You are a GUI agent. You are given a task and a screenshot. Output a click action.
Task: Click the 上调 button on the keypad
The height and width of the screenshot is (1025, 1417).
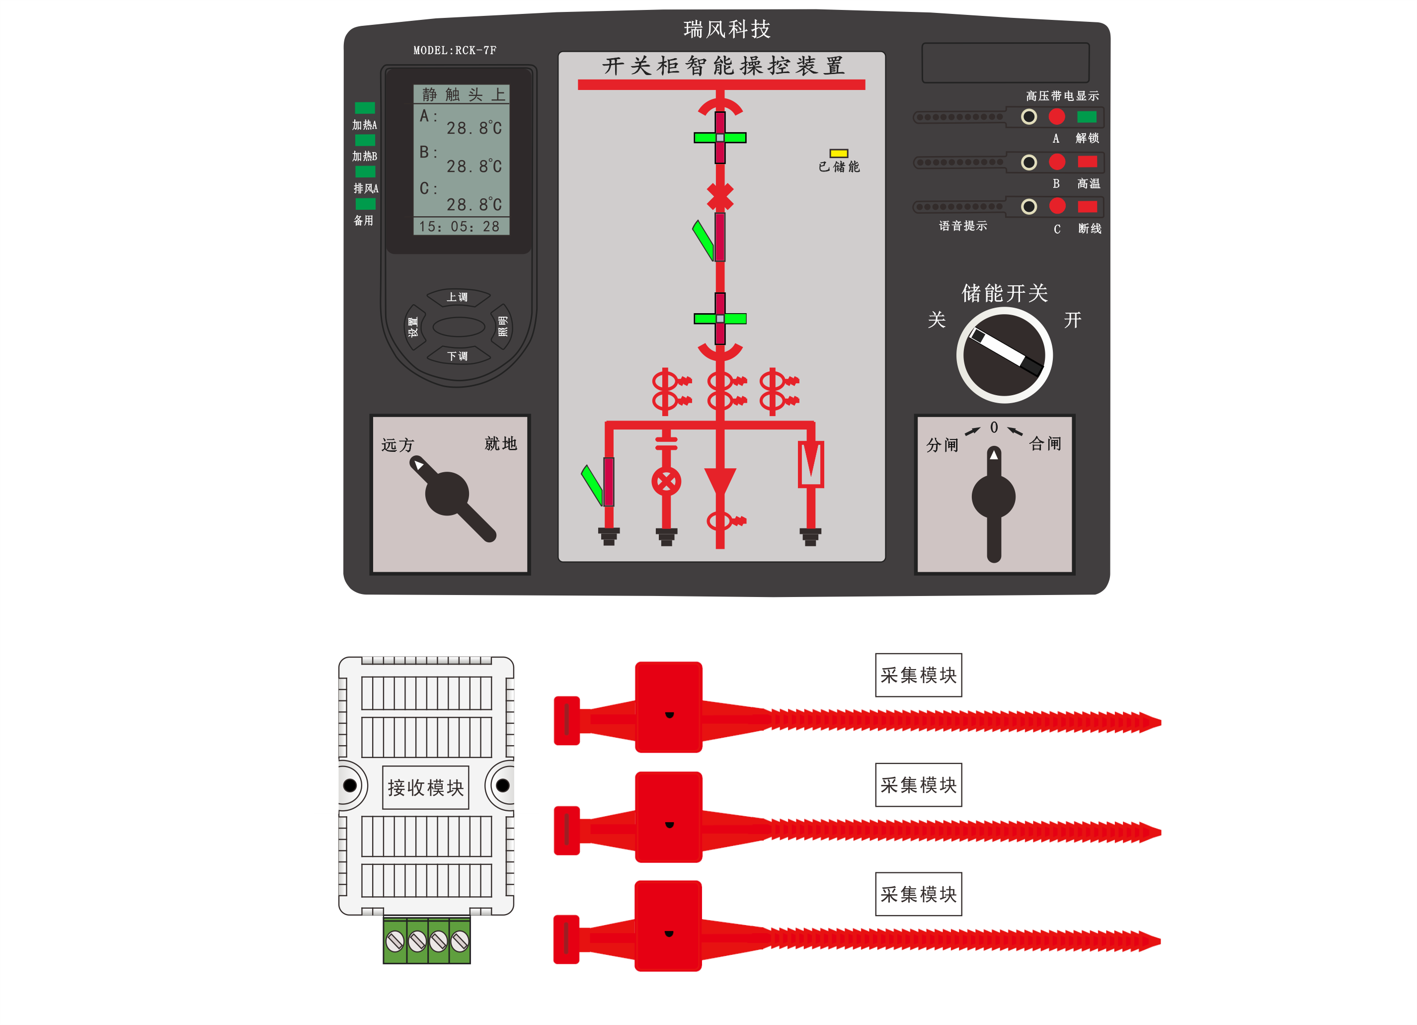click(458, 297)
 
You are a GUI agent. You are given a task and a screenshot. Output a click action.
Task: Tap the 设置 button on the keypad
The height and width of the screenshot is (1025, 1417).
click(413, 326)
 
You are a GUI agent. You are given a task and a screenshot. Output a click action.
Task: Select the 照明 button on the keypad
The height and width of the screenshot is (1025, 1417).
click(502, 326)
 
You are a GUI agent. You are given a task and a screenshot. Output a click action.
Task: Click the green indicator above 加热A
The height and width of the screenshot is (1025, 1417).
click(365, 108)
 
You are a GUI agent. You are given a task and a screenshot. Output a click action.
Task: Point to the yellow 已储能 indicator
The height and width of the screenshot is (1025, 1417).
click(839, 153)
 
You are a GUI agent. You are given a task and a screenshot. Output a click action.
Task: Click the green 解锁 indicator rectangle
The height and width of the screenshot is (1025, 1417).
click(1087, 117)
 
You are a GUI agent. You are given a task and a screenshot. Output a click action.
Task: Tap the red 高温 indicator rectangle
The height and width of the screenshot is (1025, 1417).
click(1087, 162)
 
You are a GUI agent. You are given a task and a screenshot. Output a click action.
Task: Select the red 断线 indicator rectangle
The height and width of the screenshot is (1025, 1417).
click(1087, 207)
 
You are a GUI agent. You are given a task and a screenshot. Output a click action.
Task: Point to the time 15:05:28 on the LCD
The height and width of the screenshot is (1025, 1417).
click(460, 226)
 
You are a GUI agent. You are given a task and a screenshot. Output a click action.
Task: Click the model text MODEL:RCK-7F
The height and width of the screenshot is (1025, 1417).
click(455, 51)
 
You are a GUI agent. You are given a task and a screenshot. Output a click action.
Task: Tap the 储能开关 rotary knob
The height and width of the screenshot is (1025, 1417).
click(1005, 355)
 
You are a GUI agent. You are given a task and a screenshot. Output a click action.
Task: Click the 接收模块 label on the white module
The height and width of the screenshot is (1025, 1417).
click(425, 787)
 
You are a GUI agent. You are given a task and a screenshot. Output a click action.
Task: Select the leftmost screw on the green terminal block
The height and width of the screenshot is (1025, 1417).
click(395, 940)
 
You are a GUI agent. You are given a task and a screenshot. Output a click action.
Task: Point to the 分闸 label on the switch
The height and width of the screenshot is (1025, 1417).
click(942, 444)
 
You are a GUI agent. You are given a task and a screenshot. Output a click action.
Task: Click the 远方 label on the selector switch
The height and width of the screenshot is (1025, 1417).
click(398, 444)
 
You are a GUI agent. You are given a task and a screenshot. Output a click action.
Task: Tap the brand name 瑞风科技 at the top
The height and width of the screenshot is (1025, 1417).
click(726, 29)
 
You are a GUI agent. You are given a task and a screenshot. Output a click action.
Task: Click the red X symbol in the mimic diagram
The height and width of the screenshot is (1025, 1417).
click(720, 196)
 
